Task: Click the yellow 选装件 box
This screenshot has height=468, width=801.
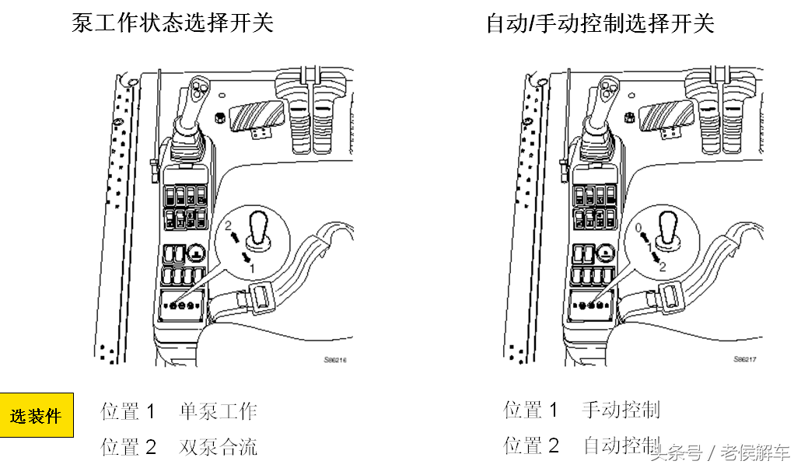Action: pos(37,416)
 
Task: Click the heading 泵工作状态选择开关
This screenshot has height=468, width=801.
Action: pos(173,23)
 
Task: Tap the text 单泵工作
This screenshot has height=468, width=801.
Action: pos(218,411)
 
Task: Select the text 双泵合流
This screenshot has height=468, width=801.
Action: pos(218,447)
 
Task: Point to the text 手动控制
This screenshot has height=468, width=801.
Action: pos(621,410)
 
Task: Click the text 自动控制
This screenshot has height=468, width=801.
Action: pos(621,445)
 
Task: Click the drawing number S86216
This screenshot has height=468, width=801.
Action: pos(335,360)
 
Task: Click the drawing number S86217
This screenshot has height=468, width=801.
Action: pos(744,360)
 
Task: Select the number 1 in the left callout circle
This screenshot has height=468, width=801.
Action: pos(251,267)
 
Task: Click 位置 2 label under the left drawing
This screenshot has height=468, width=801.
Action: pos(128,447)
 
